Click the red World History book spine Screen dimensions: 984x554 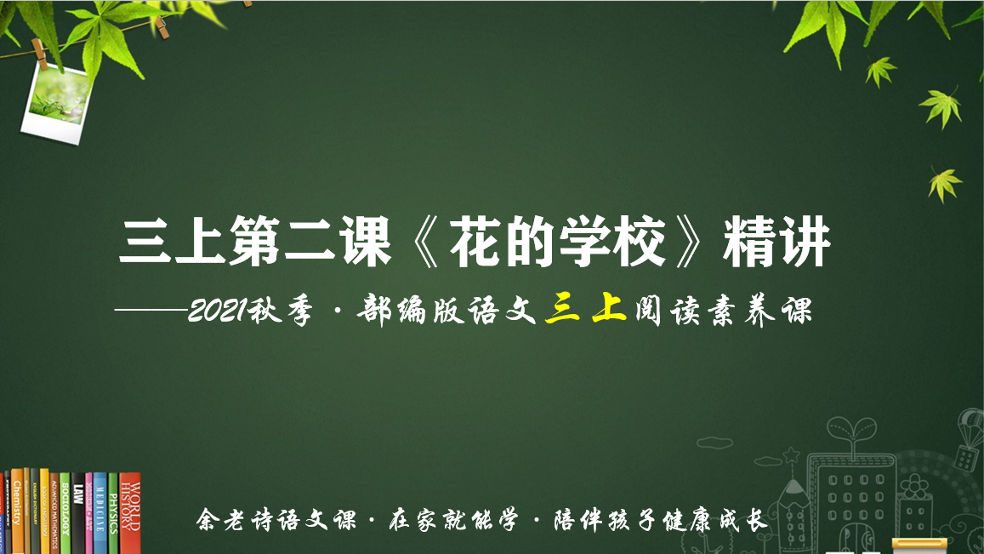pyautogui.click(x=130, y=512)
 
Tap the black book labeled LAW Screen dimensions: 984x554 pyautogui.click(x=77, y=513)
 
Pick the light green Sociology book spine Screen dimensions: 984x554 pyautogui.click(x=65, y=513)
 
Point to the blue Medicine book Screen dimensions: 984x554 pyautogui.click(x=100, y=513)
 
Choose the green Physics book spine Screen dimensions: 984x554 pyautogui.click(x=113, y=513)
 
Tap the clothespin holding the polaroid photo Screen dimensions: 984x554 pyautogui.click(x=39, y=53)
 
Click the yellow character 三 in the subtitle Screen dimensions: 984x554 pyautogui.click(x=562, y=310)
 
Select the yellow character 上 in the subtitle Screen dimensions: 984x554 pyautogui.click(x=609, y=308)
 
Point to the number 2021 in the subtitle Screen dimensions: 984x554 pyautogui.click(x=217, y=311)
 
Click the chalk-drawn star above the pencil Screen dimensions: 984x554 pyautogui.click(x=791, y=454)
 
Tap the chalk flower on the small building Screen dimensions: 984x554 pyautogui.click(x=914, y=486)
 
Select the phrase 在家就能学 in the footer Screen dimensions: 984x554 pyautogui.click(x=453, y=520)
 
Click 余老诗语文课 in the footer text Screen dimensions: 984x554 pyautogui.click(x=276, y=520)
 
